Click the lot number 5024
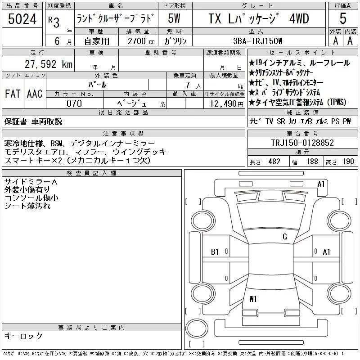[22, 19]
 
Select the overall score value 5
[343, 18]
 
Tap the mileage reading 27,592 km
[49, 64]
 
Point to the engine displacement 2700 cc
[141, 41]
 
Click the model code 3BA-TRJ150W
[257, 41]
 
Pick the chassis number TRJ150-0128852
[302, 143]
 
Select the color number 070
[74, 103]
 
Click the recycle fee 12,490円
[227, 104]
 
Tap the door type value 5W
[174, 18]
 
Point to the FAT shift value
[13, 94]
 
